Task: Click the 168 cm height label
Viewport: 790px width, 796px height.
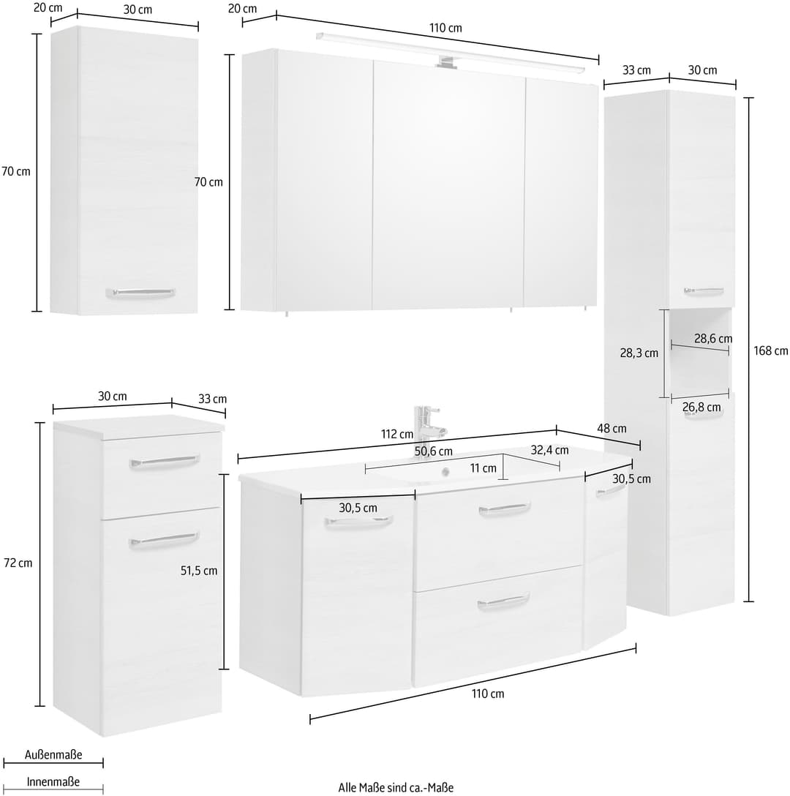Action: click(x=771, y=350)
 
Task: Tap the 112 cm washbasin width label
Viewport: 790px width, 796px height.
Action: click(x=397, y=434)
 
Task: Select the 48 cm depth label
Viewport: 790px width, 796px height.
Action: click(x=612, y=429)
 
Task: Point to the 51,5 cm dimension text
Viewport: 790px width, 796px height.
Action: click(x=198, y=571)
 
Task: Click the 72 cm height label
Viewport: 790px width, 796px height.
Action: click(x=18, y=563)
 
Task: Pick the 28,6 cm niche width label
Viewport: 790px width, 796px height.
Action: click(x=712, y=339)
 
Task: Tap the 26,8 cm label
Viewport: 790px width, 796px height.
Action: click(x=701, y=407)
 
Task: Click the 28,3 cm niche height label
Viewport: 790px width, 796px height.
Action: click(x=639, y=353)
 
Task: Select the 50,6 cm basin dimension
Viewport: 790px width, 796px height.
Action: click(x=433, y=451)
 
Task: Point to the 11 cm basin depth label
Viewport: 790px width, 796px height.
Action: click(x=483, y=468)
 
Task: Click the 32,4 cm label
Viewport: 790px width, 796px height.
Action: click(x=549, y=450)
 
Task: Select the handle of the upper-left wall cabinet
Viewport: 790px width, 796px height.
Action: click(x=140, y=293)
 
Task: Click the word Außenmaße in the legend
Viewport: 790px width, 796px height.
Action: click(x=53, y=755)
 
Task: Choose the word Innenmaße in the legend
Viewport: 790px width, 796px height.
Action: click(x=53, y=782)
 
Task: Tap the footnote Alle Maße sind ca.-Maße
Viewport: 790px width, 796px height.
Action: click(x=396, y=787)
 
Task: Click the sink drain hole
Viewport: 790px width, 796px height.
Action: click(x=445, y=472)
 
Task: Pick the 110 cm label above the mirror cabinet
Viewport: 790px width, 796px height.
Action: click(x=445, y=28)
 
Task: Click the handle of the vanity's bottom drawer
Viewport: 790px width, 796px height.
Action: click(x=503, y=601)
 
